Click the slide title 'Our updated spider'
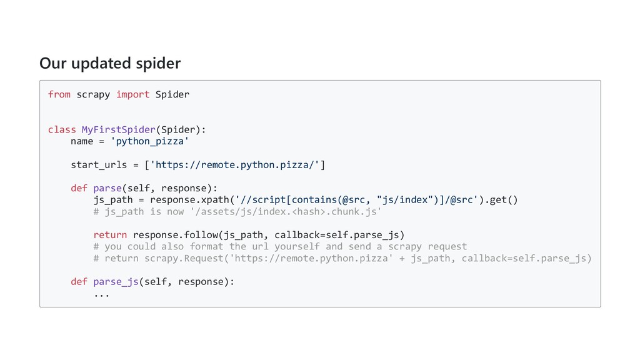110,63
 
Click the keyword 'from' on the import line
59,94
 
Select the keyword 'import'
132,94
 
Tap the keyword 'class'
62,129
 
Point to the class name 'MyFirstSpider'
119,129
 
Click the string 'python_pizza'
149,141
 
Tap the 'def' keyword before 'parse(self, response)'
79,188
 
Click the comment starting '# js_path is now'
237,211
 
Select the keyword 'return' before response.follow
110,235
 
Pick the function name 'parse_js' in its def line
116,281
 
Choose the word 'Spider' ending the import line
172,94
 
